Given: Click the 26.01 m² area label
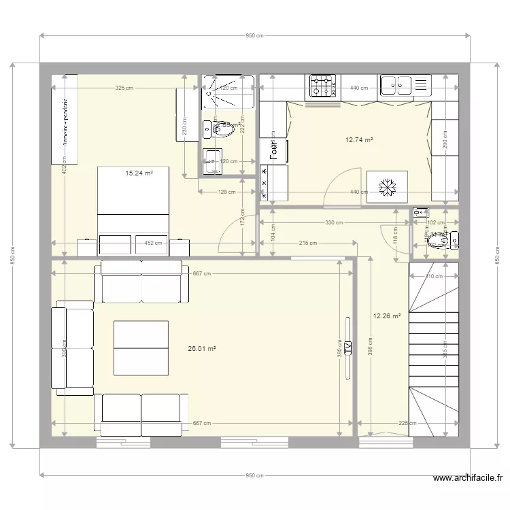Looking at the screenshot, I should (202, 348).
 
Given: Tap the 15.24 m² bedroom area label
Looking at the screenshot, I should (139, 173).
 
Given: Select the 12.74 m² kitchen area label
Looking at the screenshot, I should (359, 140).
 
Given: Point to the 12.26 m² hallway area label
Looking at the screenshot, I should (386, 316).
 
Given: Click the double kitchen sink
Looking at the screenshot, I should (396, 85).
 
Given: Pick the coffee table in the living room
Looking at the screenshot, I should (141, 347).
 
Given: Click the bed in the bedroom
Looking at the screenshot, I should (133, 211).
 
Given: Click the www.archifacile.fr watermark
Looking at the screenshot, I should (469, 479).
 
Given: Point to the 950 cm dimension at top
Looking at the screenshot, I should (254, 35).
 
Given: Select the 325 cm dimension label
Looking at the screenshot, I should (124, 88).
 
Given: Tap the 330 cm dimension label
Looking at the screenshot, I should (333, 222).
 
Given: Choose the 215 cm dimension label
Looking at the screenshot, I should (307, 243).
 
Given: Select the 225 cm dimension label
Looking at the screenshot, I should (407, 423).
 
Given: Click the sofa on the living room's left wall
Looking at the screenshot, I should (73, 347).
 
